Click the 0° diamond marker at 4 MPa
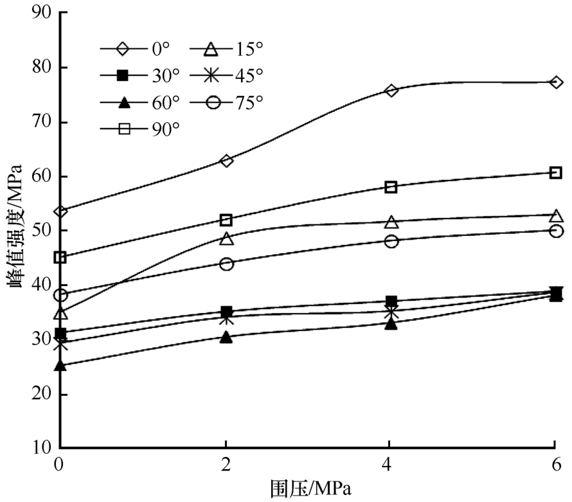coord(391,90)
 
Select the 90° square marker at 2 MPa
coord(226,220)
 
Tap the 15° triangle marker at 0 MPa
coord(60,314)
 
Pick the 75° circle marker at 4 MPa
coord(391,241)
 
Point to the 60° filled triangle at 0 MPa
coord(60,366)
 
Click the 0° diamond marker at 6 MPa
coord(556,82)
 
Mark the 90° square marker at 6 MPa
coord(556,172)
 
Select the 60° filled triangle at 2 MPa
coord(226,337)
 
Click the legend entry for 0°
coord(142,48)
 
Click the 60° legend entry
coord(142,102)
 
